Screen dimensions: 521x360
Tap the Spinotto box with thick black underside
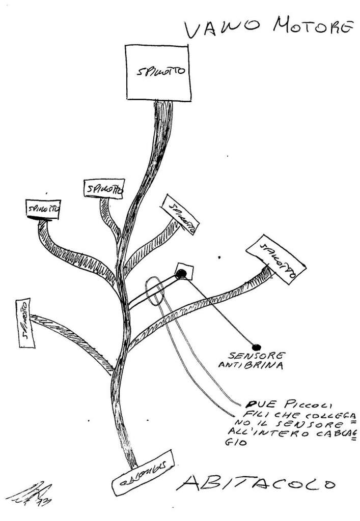click(x=43, y=210)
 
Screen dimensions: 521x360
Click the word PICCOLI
click(x=301, y=406)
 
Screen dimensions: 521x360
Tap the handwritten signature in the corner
click(x=31, y=493)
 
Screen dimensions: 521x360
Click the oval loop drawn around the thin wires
click(x=154, y=292)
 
